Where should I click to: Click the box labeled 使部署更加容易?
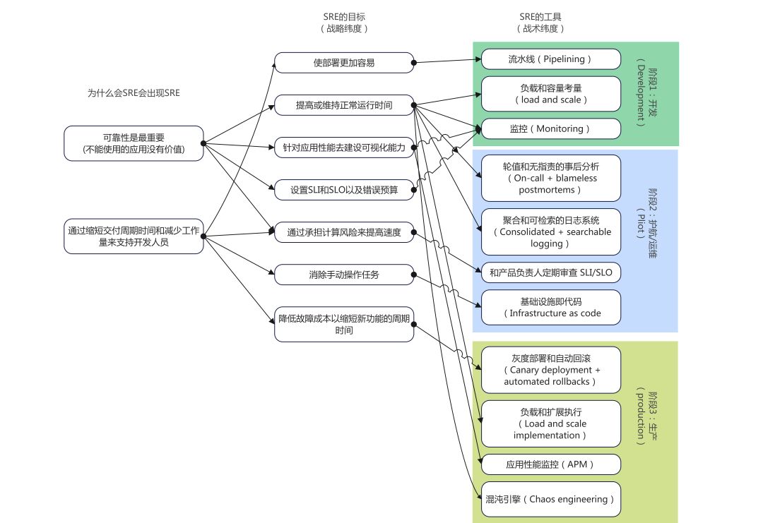[344, 63]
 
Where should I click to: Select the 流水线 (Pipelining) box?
[550, 59]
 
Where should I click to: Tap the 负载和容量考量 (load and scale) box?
[550, 94]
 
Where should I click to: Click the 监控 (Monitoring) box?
[550, 128]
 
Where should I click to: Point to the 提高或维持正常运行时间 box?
[344, 106]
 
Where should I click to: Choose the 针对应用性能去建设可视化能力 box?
[344, 148]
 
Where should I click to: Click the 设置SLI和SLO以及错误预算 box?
[344, 190]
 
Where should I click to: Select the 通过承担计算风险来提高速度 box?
[344, 232]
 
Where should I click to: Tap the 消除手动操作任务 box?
[344, 275]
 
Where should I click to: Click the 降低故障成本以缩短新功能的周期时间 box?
[344, 324]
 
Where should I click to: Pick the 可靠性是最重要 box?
[134, 143]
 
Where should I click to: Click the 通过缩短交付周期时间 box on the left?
[134, 236]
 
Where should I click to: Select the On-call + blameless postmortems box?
[550, 178]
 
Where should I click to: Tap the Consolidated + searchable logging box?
[550, 232]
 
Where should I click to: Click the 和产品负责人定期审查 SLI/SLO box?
[550, 271]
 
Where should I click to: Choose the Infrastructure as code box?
[550, 307]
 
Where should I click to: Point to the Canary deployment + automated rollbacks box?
[550, 370]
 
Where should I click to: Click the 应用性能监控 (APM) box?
[550, 464]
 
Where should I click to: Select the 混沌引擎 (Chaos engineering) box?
[550, 499]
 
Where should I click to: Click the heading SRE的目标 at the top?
[344, 16]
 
